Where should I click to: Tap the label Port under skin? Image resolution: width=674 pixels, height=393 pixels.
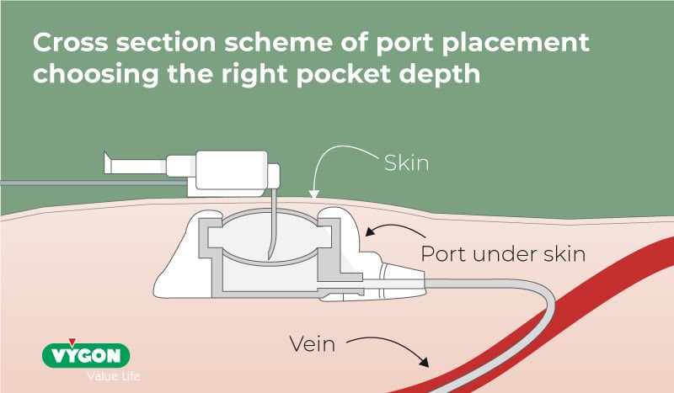pos(502,253)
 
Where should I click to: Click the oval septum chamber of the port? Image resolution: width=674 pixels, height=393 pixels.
pos(263,237)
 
